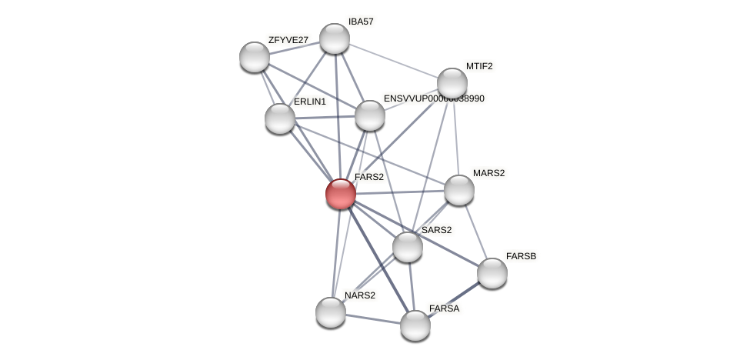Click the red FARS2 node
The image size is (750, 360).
point(340,193)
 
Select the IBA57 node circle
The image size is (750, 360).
point(334,38)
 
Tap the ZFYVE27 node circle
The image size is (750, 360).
point(255,57)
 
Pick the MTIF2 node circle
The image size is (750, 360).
point(452,83)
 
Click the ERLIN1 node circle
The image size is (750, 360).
point(280,118)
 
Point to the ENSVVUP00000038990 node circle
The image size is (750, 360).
point(370,115)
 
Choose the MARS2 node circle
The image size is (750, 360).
point(459,190)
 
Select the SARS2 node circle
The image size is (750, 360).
point(408,247)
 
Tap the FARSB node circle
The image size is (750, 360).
point(492,273)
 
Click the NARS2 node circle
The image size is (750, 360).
point(331,312)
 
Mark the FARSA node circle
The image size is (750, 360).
point(415,325)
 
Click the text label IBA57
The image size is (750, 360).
point(361,22)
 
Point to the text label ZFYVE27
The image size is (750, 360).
point(288,40)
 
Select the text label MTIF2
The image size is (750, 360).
point(479,66)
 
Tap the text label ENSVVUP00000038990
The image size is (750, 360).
point(434,98)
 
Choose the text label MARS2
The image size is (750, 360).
point(488,173)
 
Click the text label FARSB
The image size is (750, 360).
point(521,256)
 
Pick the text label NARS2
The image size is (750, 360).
point(360,295)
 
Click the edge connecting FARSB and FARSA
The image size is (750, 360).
point(454,299)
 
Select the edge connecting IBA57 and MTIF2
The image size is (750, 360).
point(393,61)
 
